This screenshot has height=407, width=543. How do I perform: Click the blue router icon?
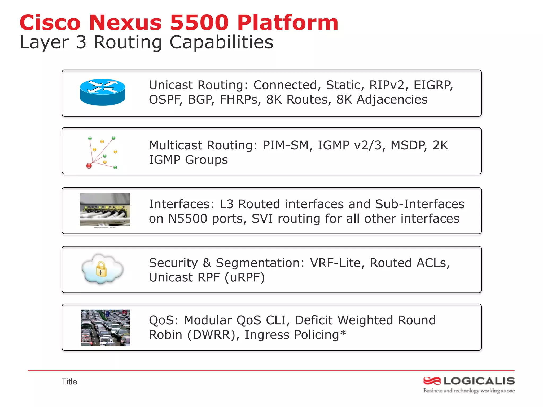click(102, 92)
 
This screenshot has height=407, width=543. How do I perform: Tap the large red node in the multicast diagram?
click(89, 166)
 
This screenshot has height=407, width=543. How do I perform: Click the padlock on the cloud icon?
click(101, 269)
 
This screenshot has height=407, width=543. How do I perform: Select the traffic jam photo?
click(105, 328)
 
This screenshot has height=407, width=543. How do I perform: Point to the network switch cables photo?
click(105, 210)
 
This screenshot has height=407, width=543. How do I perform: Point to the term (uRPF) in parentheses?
click(244, 277)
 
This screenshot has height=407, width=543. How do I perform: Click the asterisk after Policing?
click(343, 333)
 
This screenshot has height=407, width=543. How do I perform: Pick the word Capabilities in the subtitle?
click(221, 42)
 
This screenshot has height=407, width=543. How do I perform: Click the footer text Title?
click(69, 382)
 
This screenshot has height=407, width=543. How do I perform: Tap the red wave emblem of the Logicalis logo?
click(432, 381)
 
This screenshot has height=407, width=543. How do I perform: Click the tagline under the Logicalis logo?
click(469, 391)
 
